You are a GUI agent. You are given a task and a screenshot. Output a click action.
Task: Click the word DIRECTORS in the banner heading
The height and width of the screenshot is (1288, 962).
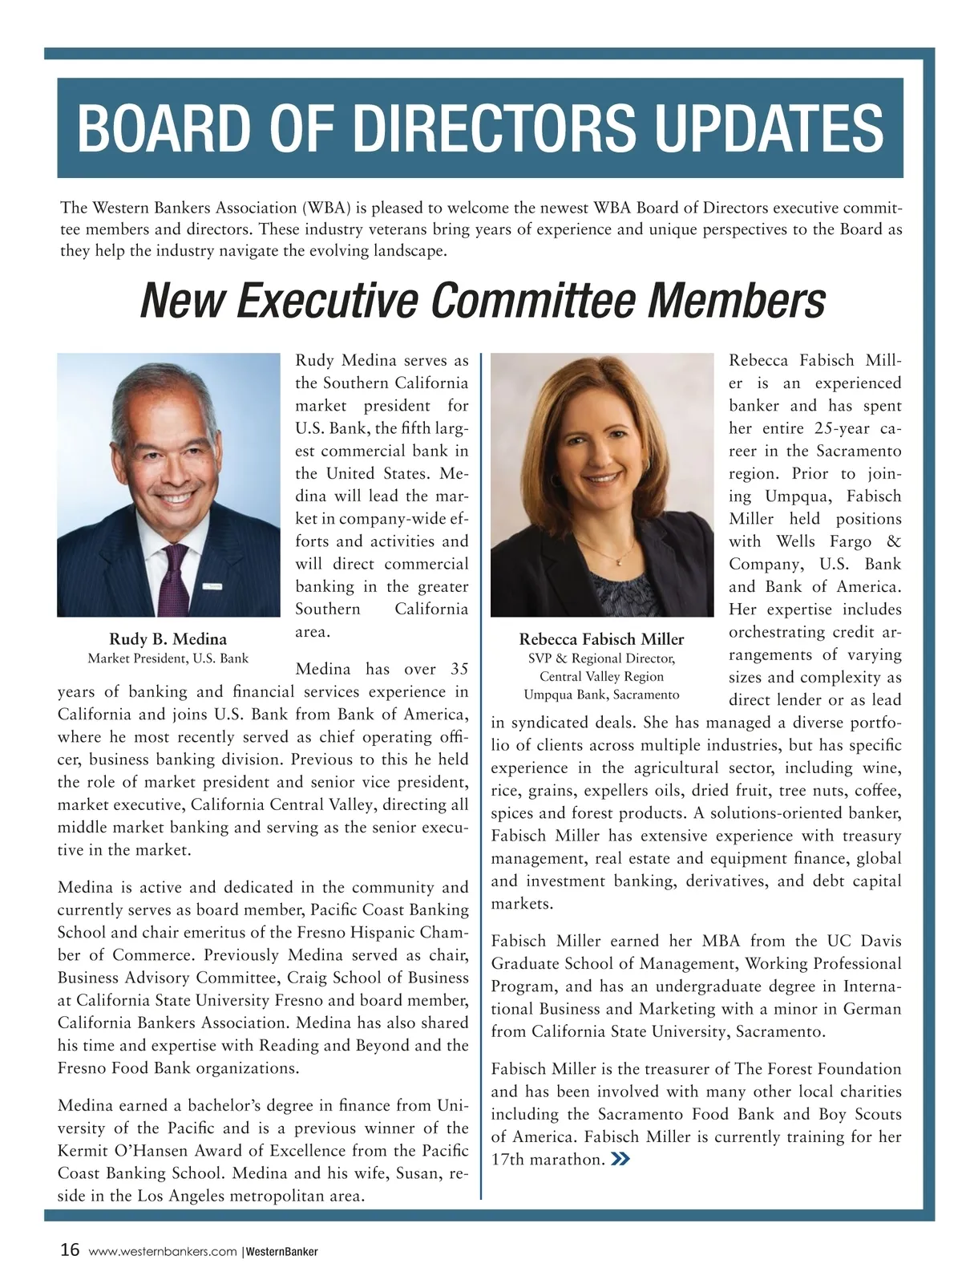click(459, 128)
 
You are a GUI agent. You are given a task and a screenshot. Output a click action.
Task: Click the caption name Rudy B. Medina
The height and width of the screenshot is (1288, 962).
click(168, 639)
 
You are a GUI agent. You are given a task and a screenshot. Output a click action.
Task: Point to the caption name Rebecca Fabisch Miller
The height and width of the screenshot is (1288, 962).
click(601, 639)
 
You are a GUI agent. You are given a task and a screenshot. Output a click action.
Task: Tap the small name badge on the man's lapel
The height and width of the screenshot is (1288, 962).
click(212, 586)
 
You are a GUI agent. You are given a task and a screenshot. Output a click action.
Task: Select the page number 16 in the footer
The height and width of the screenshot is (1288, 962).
click(70, 1250)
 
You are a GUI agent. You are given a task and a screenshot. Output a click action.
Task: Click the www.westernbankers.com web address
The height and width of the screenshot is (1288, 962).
click(163, 1251)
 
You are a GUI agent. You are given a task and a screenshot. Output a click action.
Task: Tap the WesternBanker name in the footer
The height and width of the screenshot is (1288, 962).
click(281, 1251)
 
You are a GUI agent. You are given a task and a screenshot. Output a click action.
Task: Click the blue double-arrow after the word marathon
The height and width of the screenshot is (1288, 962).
click(619, 1159)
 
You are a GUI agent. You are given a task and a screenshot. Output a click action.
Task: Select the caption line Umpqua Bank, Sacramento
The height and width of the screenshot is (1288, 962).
click(601, 695)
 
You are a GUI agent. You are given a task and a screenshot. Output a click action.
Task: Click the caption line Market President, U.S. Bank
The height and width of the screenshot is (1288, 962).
click(168, 658)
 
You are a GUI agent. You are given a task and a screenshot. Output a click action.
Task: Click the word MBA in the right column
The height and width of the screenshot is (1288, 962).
click(721, 941)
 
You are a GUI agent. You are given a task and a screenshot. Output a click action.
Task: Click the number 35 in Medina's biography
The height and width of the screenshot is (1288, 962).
click(459, 669)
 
